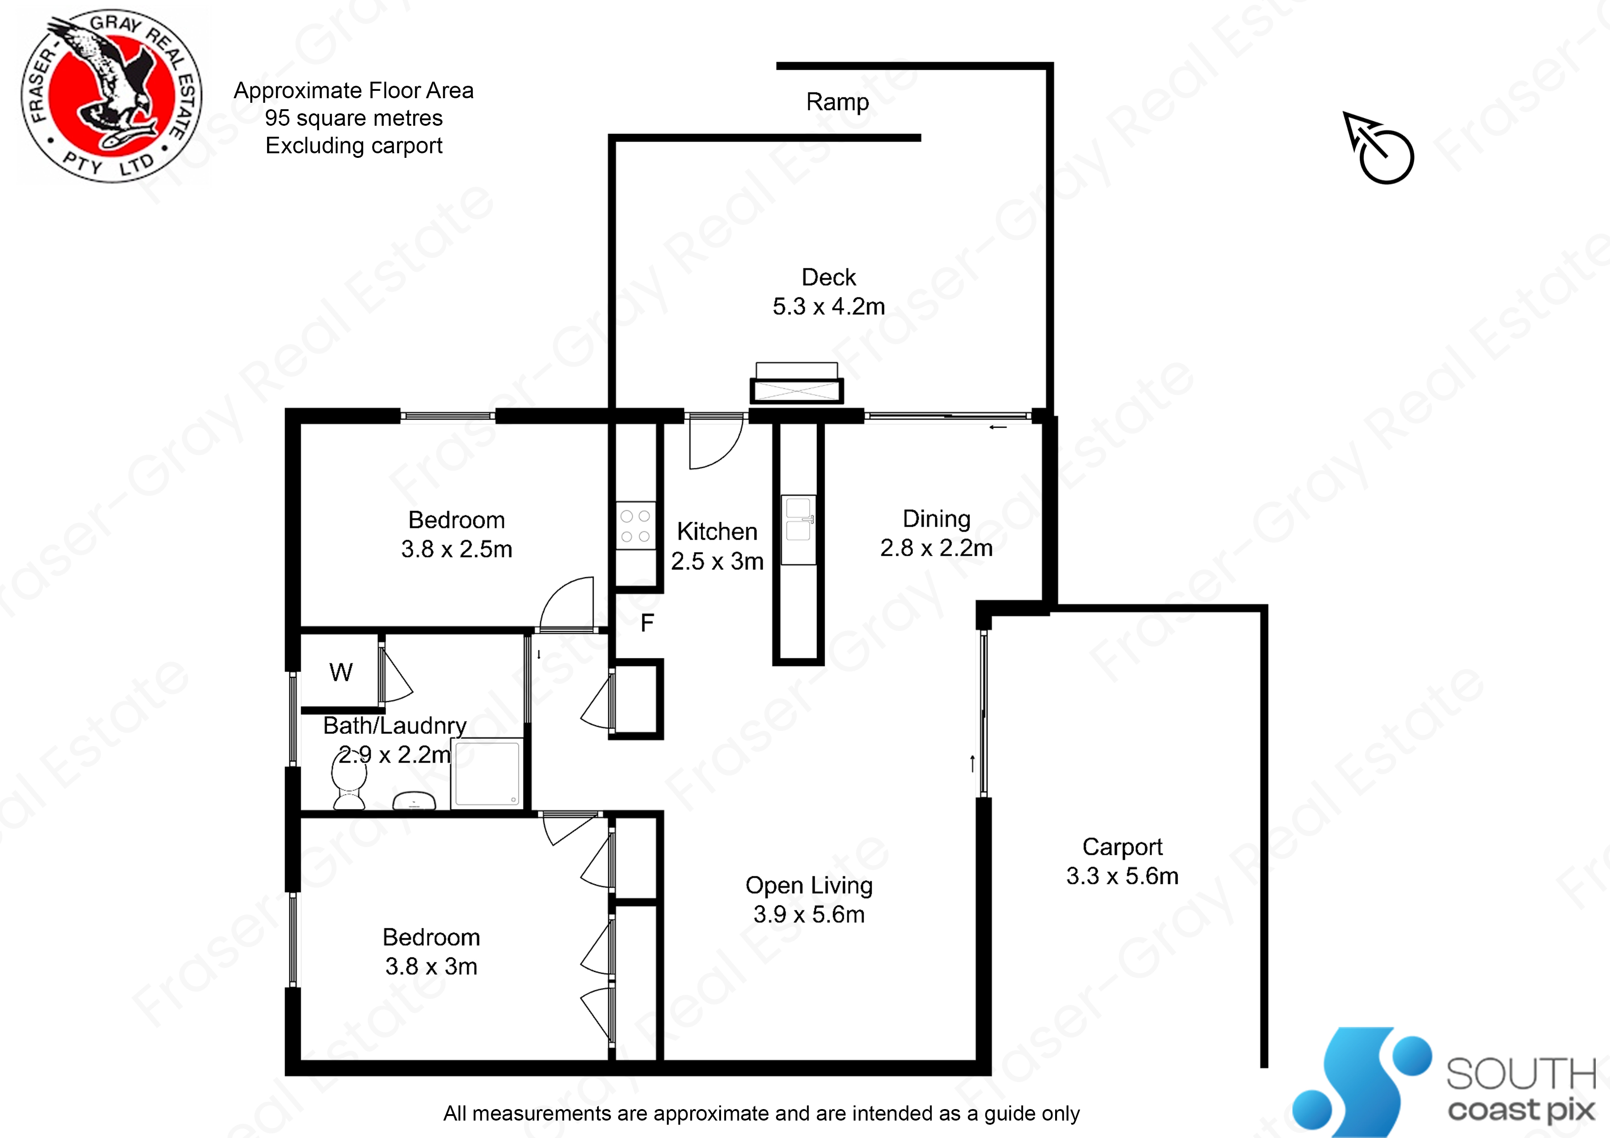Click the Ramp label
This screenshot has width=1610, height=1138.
pos(837,102)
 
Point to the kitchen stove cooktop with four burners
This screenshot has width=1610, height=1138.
pos(635,526)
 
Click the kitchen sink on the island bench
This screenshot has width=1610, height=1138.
pos(799,519)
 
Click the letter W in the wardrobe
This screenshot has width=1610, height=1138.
pos(341,672)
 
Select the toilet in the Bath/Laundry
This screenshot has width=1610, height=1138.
pos(348,785)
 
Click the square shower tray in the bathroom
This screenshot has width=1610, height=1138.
pos(487,773)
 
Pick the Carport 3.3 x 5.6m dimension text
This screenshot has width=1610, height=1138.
pos(1122,876)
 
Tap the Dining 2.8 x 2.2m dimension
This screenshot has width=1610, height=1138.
pos(936,547)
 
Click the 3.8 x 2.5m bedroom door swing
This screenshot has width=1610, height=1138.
pos(567,603)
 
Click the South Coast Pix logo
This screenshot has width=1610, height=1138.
pos(1444,1083)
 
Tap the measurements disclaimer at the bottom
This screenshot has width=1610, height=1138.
pos(761,1114)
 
